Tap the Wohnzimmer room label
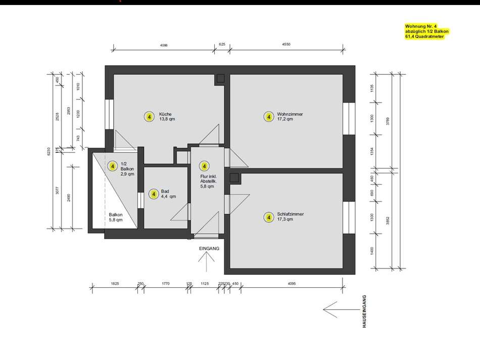pyautogui.click(x=290, y=117)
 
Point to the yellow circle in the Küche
pyautogui.click(x=149, y=117)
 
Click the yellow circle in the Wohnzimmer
pyautogui.click(x=269, y=117)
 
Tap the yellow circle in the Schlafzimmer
pyautogui.click(x=269, y=217)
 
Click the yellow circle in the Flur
pyautogui.click(x=204, y=166)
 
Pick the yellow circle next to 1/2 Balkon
pyautogui.click(x=113, y=166)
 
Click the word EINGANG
pyautogui.click(x=209, y=249)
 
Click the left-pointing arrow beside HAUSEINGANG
pyautogui.click(x=338, y=307)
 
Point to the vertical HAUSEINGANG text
pyautogui.click(x=364, y=312)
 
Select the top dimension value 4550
pyautogui.click(x=286, y=44)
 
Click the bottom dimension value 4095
pyautogui.click(x=292, y=284)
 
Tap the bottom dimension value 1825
pyautogui.click(x=115, y=284)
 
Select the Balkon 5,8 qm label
pyautogui.click(x=116, y=217)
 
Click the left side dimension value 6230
pyautogui.click(x=49, y=152)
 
